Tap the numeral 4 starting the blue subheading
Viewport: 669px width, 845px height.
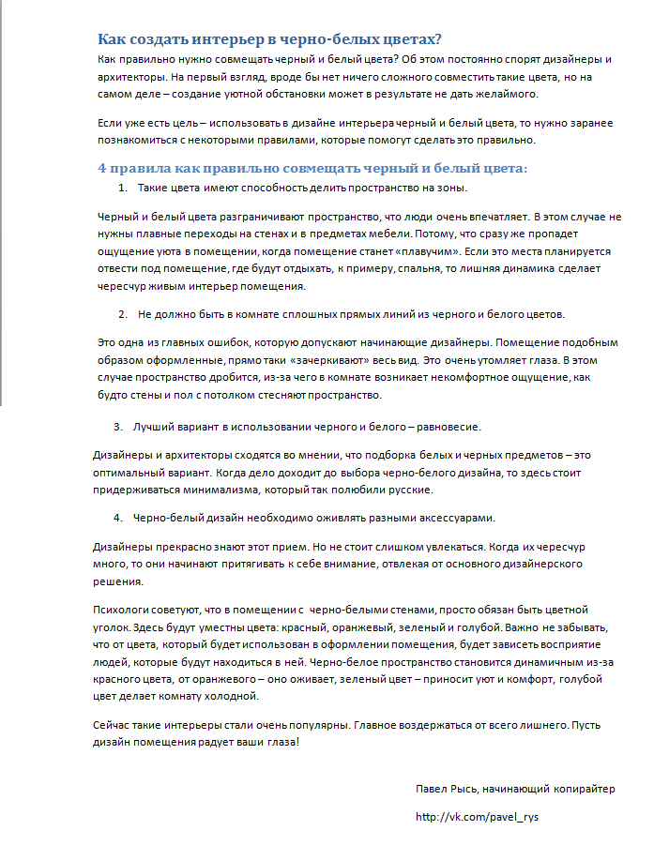point(102,169)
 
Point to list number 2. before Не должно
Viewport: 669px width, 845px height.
point(123,313)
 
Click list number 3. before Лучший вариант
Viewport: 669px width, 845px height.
point(119,427)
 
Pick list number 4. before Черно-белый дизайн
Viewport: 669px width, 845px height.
point(119,518)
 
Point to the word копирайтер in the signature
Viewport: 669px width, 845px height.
point(584,789)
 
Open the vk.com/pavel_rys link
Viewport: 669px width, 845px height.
point(477,817)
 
